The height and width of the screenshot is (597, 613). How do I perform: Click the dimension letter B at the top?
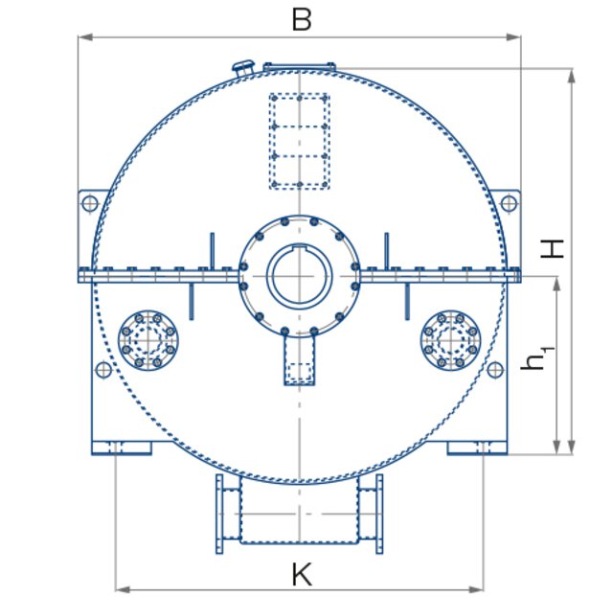(x=301, y=19)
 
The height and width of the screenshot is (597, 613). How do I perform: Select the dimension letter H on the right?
(x=553, y=248)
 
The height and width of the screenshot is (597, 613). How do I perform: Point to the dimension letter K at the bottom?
(x=301, y=574)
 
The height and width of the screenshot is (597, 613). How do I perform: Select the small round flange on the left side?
(x=148, y=338)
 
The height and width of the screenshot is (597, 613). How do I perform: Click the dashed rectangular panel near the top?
(x=299, y=140)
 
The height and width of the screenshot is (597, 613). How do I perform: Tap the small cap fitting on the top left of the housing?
(x=242, y=66)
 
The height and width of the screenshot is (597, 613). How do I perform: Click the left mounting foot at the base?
(x=121, y=447)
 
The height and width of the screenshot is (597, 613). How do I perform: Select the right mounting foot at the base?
(x=478, y=447)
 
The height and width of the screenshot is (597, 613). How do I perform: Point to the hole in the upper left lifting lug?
(x=90, y=203)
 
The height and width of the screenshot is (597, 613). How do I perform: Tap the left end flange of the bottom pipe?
(x=219, y=514)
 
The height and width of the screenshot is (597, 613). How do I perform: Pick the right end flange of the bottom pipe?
(x=379, y=514)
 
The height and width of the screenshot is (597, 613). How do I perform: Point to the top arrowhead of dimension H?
(x=572, y=73)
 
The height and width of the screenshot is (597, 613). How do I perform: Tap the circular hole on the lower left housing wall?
(x=103, y=369)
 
